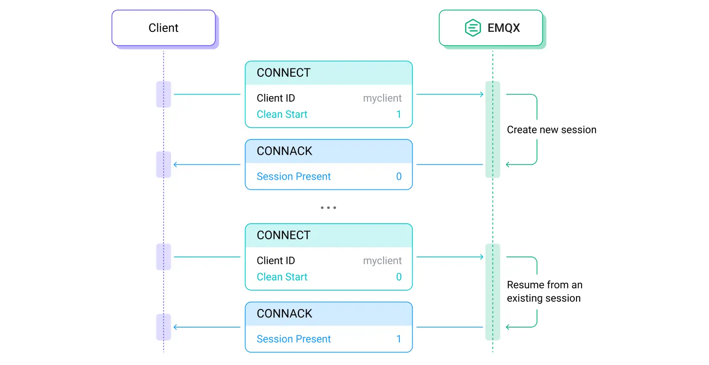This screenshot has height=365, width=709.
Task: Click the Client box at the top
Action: tap(163, 28)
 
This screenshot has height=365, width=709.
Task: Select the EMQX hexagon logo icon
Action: tap(473, 28)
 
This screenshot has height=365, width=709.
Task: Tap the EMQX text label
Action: tap(504, 28)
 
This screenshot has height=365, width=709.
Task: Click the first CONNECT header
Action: tap(283, 73)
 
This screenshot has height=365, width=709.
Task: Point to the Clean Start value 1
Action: tap(399, 115)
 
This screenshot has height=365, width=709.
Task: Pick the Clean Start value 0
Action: tap(399, 277)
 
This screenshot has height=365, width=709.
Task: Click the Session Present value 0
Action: tap(399, 176)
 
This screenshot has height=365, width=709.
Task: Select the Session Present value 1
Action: tap(399, 339)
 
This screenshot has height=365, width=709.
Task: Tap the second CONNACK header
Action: tap(284, 314)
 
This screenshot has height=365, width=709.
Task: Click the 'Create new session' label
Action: tap(552, 130)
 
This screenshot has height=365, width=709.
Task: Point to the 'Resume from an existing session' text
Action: tap(544, 292)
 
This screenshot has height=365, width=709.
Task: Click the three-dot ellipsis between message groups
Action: tap(328, 208)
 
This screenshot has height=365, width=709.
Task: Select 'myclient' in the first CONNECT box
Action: tap(382, 98)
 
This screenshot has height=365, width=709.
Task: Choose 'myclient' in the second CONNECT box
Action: tap(382, 261)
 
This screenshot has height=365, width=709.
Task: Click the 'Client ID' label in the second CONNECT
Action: tap(276, 261)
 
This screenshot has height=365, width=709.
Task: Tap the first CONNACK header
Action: tap(284, 151)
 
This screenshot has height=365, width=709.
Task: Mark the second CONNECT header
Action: tap(283, 236)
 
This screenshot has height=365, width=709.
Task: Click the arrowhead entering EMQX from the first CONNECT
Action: tap(481, 95)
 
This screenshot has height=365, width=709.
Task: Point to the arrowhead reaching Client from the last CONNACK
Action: tap(175, 328)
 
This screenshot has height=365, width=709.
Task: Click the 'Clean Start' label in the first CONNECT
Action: tap(282, 115)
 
